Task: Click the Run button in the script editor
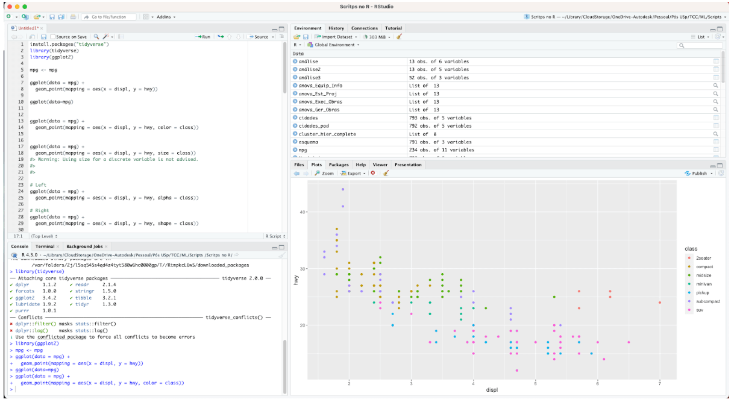[203, 37]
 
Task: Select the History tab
[336, 28]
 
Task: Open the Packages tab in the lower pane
[339, 165]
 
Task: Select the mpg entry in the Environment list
[302, 150]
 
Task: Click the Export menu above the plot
[353, 173]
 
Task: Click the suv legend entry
[700, 310]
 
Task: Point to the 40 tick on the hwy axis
[303, 212]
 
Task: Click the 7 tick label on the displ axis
[660, 383]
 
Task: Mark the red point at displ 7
[660, 303]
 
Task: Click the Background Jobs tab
[84, 246]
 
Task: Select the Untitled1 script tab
[28, 28]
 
